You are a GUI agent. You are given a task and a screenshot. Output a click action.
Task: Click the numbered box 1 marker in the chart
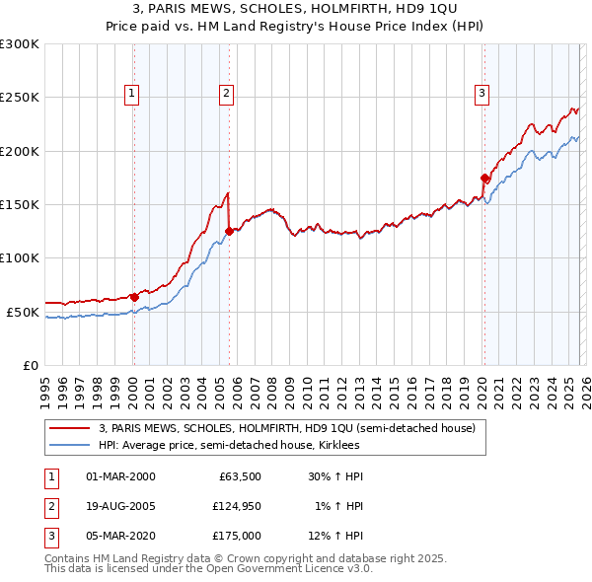coord(132,94)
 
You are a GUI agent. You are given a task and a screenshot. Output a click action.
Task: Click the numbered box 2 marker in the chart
coord(226,94)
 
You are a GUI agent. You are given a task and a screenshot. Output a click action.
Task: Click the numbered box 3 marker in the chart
coord(482,94)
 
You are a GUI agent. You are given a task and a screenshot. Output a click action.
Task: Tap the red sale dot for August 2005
coord(229,231)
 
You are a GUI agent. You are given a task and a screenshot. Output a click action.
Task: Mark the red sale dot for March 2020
coord(484,178)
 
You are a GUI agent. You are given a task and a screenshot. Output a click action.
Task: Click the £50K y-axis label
coord(23,312)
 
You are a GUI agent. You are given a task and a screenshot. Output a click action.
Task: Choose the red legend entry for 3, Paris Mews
coord(287,428)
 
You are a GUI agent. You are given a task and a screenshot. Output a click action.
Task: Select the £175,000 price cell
coord(236,536)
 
